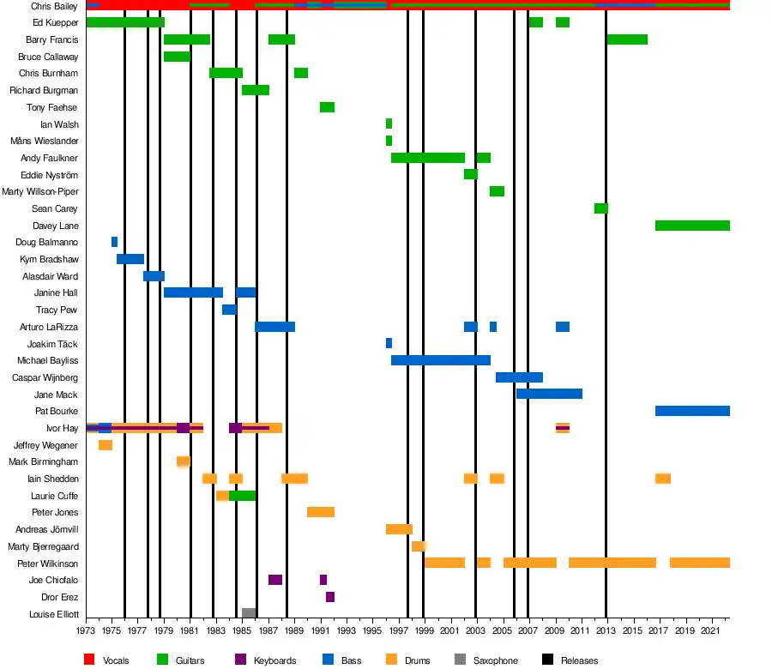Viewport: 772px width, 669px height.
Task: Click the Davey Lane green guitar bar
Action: point(692,226)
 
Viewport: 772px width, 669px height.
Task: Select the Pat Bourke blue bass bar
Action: point(692,411)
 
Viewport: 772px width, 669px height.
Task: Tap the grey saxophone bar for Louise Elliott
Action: point(249,613)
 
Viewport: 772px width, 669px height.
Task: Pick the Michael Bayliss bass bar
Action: point(441,360)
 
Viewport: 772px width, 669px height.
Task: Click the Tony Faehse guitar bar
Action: point(327,107)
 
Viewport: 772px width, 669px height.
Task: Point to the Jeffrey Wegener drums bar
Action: point(106,445)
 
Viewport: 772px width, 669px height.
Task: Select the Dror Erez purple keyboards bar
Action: point(330,597)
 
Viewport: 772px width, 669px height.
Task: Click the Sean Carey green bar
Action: point(601,208)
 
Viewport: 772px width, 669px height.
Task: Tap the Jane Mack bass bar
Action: point(549,394)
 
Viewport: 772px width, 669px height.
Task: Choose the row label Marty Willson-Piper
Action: point(40,191)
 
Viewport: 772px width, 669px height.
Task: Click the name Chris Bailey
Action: point(54,6)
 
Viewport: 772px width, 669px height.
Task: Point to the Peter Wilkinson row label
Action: point(48,564)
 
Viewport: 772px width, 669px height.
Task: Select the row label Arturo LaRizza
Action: point(49,327)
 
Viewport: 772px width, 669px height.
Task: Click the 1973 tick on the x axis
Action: point(86,631)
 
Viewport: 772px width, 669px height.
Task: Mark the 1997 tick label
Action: point(399,631)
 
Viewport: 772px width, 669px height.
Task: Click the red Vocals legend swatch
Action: point(89,660)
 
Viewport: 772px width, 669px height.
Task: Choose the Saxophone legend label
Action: point(496,660)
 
